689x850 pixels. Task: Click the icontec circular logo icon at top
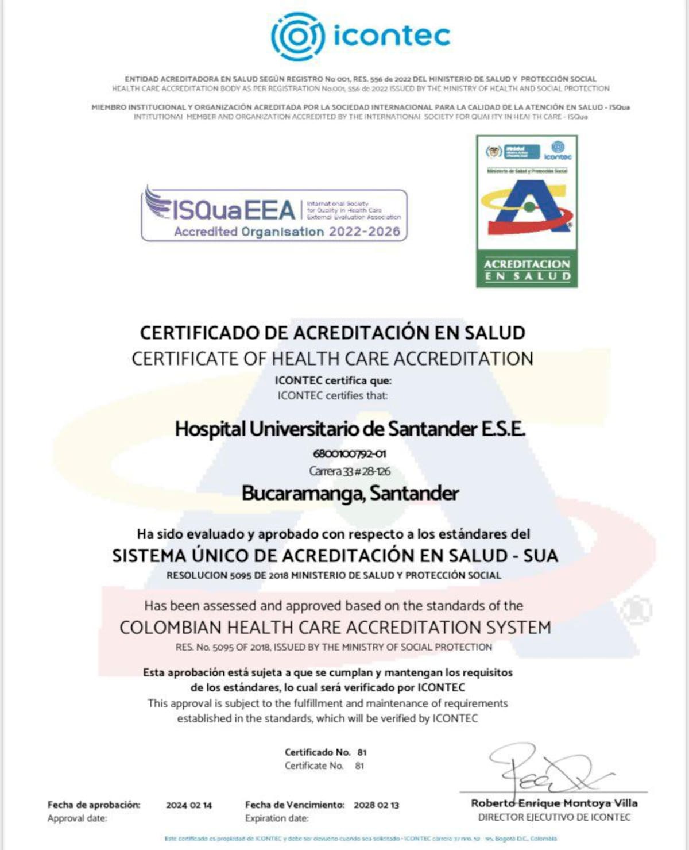(x=297, y=36)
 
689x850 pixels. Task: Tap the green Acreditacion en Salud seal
(x=527, y=211)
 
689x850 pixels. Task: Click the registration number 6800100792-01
(x=350, y=454)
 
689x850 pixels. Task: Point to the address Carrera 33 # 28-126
(x=350, y=471)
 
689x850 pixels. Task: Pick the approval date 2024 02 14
(x=189, y=805)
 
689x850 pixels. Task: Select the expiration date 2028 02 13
(x=376, y=805)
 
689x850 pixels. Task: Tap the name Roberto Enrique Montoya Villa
(x=554, y=803)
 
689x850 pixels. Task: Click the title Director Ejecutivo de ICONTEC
(x=554, y=817)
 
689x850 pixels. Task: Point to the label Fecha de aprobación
(x=94, y=805)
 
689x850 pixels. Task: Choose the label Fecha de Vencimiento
(x=295, y=805)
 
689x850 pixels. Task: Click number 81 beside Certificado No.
(x=362, y=752)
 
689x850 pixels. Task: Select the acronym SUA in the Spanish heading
(x=540, y=556)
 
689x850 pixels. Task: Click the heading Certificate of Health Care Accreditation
(x=332, y=359)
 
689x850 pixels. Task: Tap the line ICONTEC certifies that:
(x=332, y=395)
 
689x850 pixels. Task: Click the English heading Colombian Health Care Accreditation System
(x=335, y=627)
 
